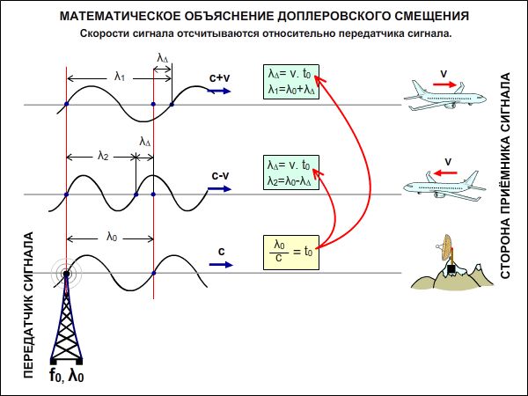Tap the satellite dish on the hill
[x=450, y=255]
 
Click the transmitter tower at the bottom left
[x=67, y=317]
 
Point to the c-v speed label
[x=220, y=175]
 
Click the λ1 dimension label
[x=118, y=77]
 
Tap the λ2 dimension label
[x=103, y=157]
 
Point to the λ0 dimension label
[x=111, y=236]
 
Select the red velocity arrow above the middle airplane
[x=445, y=173]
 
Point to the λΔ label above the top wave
[x=163, y=58]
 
